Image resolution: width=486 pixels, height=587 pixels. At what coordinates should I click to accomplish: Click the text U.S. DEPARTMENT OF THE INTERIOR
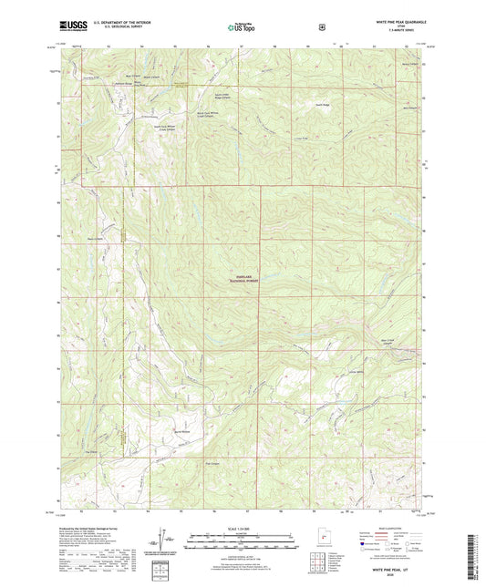(x=128, y=23)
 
